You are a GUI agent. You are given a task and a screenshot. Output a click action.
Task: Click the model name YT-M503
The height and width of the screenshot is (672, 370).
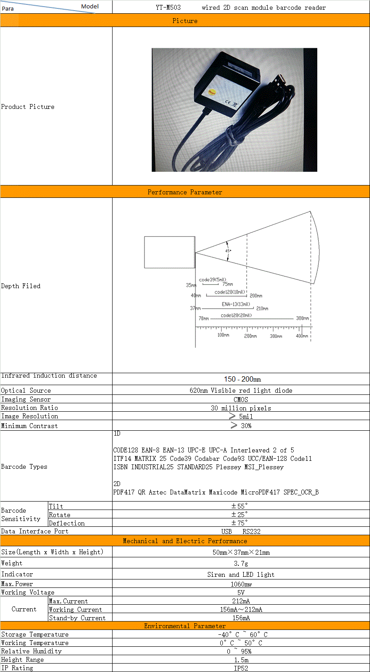coord(168,8)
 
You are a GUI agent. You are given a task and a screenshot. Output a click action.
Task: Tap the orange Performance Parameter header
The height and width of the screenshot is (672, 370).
coord(185,192)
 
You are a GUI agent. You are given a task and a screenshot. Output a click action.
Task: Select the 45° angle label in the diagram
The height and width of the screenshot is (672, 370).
coord(228,251)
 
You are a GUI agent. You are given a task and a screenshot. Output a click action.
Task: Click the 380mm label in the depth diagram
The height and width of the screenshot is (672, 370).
coord(303,318)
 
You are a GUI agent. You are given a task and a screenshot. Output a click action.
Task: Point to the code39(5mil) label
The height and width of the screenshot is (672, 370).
coord(212,280)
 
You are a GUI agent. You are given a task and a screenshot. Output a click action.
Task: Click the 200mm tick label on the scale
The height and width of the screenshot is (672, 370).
coord(250,336)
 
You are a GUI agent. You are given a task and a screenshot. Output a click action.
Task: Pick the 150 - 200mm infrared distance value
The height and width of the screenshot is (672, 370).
coord(242,379)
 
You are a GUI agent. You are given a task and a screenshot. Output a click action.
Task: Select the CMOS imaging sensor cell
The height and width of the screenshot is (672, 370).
coord(241,399)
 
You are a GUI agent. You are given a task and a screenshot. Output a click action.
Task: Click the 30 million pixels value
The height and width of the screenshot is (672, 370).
coord(241,408)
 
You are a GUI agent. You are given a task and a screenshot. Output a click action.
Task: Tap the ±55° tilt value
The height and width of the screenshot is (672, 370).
coord(239,506)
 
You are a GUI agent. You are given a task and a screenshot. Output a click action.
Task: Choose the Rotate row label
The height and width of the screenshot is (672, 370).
coord(59,515)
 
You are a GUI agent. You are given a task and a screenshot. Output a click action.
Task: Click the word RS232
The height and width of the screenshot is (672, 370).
coord(251,532)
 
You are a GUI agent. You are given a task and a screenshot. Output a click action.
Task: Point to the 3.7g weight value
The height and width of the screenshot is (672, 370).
coord(241,564)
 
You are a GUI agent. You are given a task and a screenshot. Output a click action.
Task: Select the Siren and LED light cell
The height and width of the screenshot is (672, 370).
coord(241,575)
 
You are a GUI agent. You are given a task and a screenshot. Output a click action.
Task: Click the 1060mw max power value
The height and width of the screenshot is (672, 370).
coord(241,584)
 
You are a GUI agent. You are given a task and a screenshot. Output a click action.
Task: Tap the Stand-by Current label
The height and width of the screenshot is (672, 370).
coord(77,618)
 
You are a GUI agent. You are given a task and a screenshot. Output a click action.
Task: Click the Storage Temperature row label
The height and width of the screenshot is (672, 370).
coord(35,635)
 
